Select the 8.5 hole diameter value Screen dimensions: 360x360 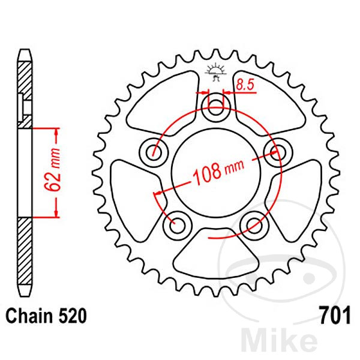(245, 85)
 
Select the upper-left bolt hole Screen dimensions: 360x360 (152, 152)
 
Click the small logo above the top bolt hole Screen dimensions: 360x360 (216, 71)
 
